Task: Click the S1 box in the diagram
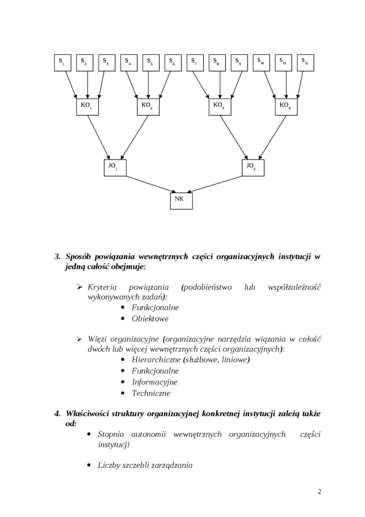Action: (x=62, y=63)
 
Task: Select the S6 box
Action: (x=173, y=63)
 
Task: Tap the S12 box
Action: (x=305, y=63)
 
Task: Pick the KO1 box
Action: (x=87, y=107)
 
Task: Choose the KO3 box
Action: (x=220, y=107)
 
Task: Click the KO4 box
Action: (x=286, y=107)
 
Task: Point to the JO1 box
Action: (x=115, y=167)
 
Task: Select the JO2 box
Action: (x=253, y=167)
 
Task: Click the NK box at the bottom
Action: (x=182, y=201)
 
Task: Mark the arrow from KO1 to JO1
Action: (x=98, y=137)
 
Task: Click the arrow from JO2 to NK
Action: (x=216, y=184)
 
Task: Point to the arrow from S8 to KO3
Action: (x=220, y=85)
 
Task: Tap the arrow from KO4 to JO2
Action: (x=273, y=137)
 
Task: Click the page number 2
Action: (x=319, y=491)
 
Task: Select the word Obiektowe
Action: (x=150, y=318)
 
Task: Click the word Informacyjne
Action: (x=154, y=382)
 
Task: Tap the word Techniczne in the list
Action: (x=151, y=393)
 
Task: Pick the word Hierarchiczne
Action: (x=156, y=359)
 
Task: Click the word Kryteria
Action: (x=102, y=287)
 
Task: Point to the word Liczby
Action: (x=109, y=465)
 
